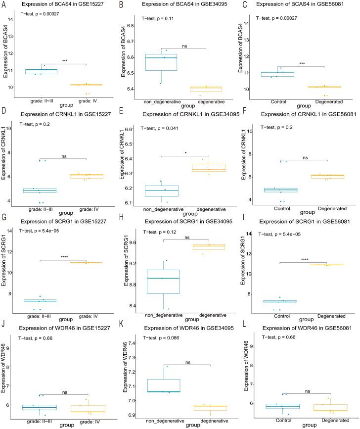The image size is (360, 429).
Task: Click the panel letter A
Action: [x=4, y=4]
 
